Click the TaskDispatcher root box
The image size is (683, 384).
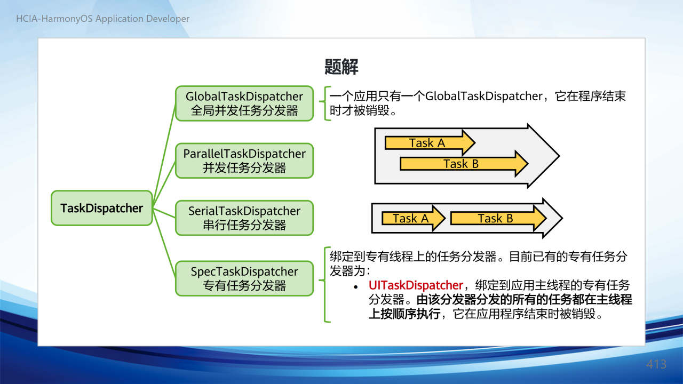(x=102, y=208)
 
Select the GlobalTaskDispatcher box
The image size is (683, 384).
(x=244, y=103)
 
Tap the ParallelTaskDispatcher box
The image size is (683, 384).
(x=244, y=161)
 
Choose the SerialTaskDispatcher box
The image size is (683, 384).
(x=244, y=218)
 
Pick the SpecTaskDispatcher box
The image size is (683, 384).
(x=244, y=278)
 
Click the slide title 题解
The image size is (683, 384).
(x=341, y=67)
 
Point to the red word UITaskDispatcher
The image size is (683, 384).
(x=416, y=285)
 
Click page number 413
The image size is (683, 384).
(x=656, y=364)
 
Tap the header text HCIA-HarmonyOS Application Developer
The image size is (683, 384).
(x=103, y=19)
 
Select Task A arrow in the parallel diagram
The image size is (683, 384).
(x=430, y=142)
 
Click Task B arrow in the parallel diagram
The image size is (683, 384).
(x=464, y=164)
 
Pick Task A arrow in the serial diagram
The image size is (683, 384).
(x=414, y=218)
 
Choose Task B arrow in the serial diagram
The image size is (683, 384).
(x=498, y=218)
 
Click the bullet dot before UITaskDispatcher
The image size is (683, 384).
(x=355, y=287)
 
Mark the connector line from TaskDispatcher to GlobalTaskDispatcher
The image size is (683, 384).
(x=164, y=156)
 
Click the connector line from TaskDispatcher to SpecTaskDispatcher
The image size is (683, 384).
(x=164, y=243)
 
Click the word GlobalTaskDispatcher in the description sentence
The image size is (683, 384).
(x=484, y=97)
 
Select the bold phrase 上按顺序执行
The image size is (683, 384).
(x=404, y=314)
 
